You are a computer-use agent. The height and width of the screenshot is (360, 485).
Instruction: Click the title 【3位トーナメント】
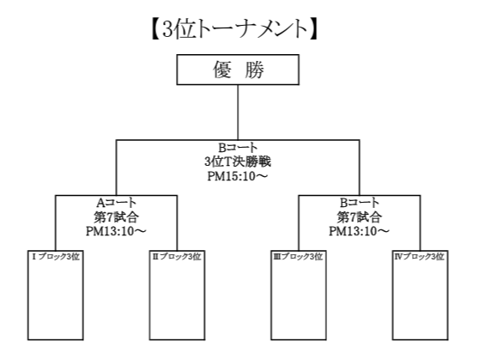pos(234,29)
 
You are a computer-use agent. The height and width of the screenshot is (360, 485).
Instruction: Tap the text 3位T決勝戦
pos(238,162)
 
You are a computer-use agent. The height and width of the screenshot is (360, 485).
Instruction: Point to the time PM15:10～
pos(238,176)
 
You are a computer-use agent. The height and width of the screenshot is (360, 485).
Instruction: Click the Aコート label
pos(116,203)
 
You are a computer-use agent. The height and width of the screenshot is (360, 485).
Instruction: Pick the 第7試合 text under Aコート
pos(116,217)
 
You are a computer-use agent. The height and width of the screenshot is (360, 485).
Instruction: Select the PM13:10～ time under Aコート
pos(116,231)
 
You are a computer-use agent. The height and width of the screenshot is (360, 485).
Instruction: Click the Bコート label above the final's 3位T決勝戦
pos(238,148)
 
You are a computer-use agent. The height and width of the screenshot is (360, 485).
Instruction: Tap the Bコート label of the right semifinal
pos(360,203)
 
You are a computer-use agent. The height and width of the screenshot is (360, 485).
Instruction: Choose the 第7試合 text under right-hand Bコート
pos(360,217)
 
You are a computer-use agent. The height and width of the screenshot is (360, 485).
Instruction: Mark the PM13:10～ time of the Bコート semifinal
pos(360,231)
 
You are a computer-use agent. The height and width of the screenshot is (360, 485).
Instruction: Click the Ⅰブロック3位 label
pos(56,257)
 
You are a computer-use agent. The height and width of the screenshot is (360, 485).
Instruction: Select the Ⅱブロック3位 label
pos(177,257)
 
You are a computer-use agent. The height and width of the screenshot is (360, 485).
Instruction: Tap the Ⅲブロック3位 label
pos(299,257)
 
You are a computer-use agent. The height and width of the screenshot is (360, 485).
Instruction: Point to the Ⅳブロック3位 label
pos(420,257)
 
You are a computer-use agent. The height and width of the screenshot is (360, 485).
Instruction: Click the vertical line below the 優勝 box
pos(238,113)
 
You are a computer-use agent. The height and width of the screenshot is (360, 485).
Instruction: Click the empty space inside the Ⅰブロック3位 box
pos(56,300)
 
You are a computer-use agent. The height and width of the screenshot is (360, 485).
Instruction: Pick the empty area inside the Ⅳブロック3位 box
pos(421,300)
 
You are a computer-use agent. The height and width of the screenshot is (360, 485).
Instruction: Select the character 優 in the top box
pos(222,70)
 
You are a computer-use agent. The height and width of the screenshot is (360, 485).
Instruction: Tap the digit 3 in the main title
pos(167,30)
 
